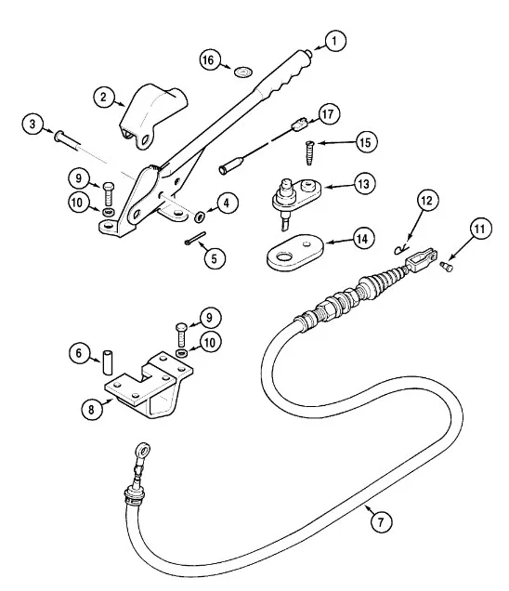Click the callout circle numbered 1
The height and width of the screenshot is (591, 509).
334,41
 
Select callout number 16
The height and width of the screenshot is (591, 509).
210,60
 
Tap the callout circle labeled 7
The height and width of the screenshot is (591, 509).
381,522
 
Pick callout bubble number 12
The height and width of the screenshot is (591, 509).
427,201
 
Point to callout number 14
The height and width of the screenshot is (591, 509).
363,238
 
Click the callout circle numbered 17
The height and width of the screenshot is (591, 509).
329,113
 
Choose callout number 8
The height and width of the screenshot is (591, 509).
92,409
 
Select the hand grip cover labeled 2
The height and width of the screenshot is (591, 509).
153,116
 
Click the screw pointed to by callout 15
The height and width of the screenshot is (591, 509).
309,152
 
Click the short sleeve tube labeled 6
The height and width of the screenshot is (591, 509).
108,362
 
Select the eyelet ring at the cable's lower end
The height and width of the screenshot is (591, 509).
143,451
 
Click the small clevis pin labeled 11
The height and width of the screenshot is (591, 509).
447,267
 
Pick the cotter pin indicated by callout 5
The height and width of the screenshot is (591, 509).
195,238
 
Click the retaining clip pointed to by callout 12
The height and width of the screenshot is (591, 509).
401,249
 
